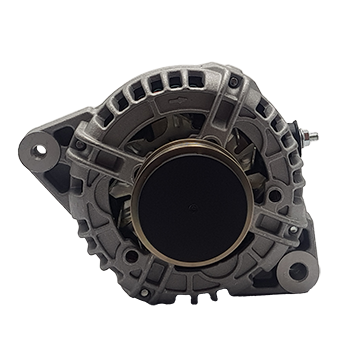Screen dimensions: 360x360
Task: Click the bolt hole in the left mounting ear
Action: point(40,151)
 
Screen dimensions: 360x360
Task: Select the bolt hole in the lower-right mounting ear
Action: point(297,270)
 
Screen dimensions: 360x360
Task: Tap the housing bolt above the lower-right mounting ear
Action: point(292,230)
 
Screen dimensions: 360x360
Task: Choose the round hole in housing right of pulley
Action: point(272,195)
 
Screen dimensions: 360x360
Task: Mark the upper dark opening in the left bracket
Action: point(63,136)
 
